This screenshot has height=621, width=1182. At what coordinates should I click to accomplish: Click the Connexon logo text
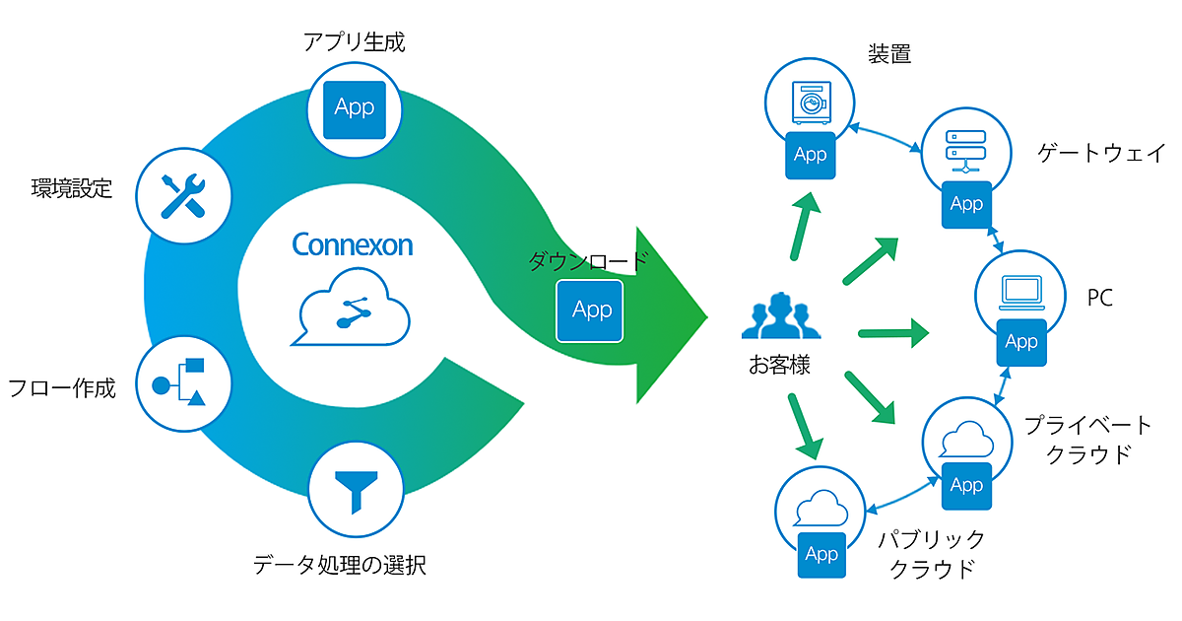[x=352, y=244]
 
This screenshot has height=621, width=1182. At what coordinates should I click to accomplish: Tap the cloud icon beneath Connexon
[x=352, y=310]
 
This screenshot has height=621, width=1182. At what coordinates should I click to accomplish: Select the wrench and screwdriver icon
[x=184, y=193]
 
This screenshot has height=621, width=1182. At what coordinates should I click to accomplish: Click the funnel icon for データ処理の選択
[x=355, y=488]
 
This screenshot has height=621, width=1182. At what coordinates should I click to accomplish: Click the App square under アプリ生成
[x=355, y=106]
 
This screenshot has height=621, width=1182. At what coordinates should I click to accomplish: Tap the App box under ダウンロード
[x=591, y=310]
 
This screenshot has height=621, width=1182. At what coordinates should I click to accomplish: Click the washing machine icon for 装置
[x=810, y=102]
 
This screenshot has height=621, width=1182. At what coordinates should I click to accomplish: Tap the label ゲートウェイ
[x=1102, y=153]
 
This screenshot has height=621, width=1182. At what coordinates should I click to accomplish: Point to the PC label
[x=1099, y=298]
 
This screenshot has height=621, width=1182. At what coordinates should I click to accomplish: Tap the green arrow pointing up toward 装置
[x=805, y=226]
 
